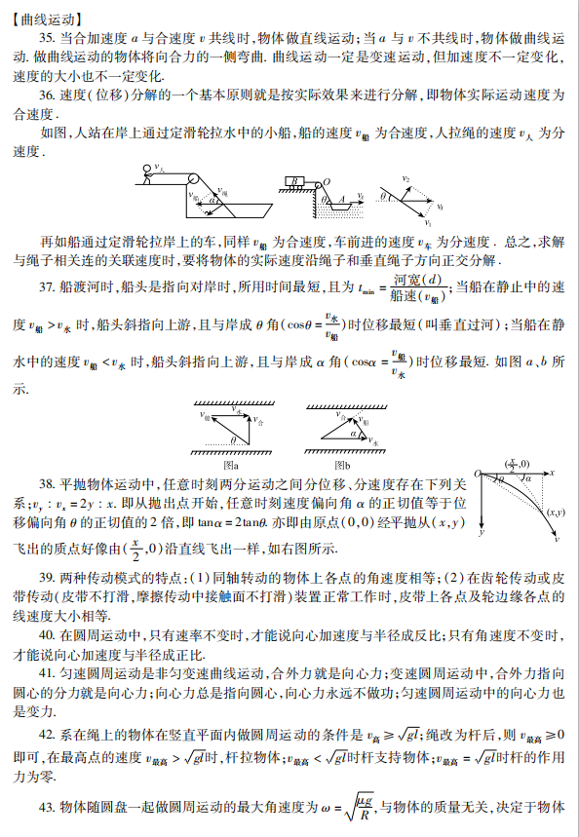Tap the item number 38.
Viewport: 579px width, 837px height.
[x=46, y=483]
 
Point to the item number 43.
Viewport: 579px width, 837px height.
[x=48, y=808]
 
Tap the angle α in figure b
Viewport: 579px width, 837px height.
[x=354, y=433]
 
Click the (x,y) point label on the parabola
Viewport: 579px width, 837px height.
[x=556, y=512]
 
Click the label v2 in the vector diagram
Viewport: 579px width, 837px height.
[x=406, y=179]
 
